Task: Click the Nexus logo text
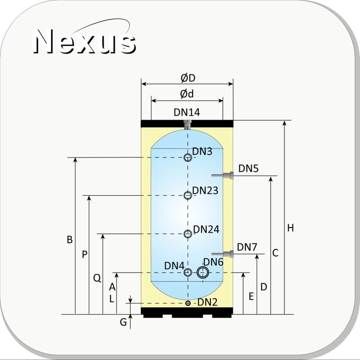coord(85,41)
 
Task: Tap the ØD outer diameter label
coord(188,78)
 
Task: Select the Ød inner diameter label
coord(187,94)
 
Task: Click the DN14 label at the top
coord(187,112)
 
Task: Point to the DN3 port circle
coord(188,157)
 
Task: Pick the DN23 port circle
coord(188,195)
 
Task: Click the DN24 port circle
coord(188,234)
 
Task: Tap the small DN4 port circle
coord(188,272)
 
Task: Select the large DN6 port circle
coord(203,273)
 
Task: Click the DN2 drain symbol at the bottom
coord(188,303)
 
